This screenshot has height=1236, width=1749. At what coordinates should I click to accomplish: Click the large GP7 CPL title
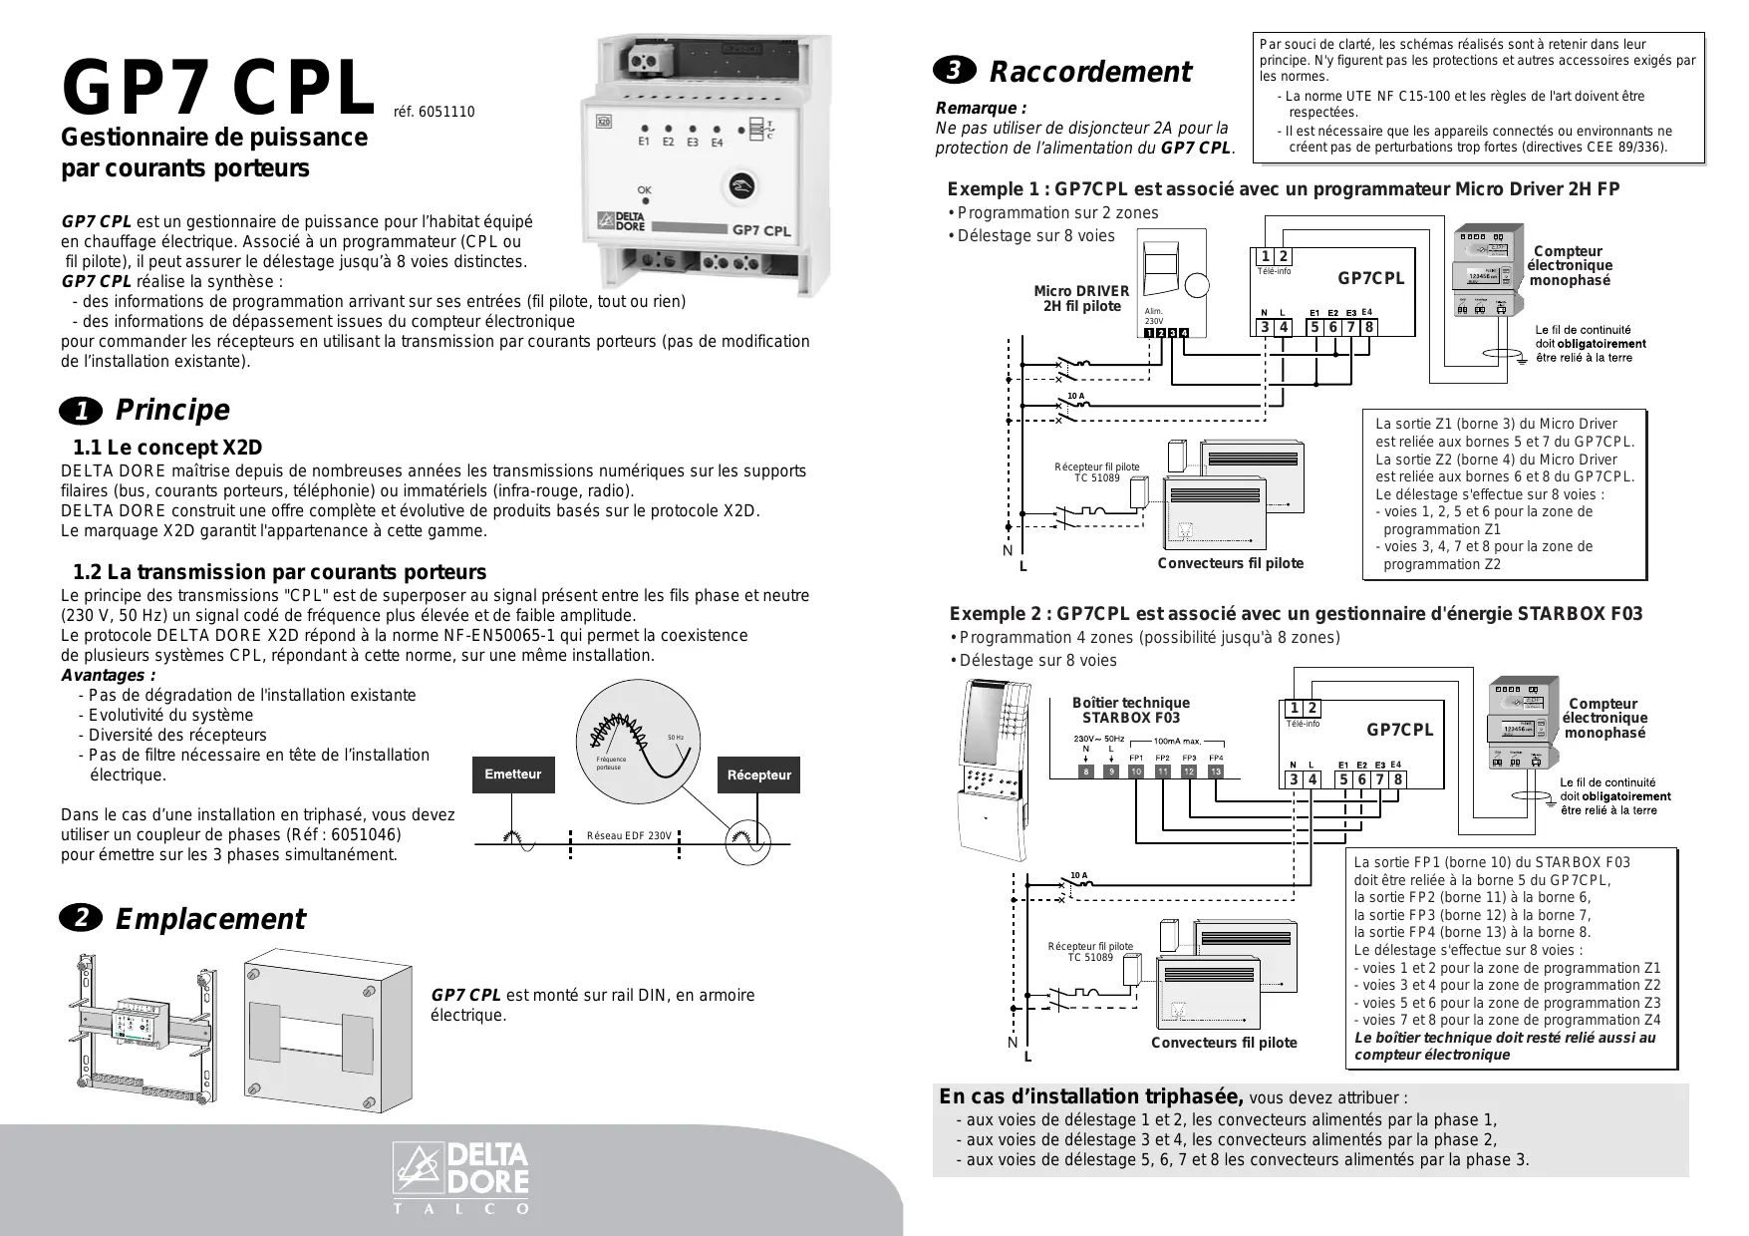click(x=218, y=90)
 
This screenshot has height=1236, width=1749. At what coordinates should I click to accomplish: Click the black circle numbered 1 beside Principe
click(x=81, y=411)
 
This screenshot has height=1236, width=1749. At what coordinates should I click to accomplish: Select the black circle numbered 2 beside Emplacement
click(x=81, y=919)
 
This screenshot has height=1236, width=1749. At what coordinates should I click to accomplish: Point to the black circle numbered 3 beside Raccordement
click(x=954, y=72)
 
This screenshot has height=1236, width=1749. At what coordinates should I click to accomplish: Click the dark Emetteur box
click(x=512, y=774)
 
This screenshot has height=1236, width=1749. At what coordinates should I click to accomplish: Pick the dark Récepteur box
click(x=758, y=774)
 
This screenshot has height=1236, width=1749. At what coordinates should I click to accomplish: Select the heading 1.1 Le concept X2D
click(x=167, y=448)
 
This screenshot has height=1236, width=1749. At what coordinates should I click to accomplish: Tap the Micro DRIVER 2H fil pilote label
click(x=1081, y=299)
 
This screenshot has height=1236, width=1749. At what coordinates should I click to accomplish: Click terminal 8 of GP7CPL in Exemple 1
click(x=1369, y=327)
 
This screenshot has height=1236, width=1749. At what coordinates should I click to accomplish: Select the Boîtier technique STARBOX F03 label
click(x=1130, y=710)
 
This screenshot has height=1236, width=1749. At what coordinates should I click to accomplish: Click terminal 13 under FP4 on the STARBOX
click(x=1215, y=772)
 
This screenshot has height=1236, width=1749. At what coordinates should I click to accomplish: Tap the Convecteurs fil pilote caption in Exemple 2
click(x=1224, y=1043)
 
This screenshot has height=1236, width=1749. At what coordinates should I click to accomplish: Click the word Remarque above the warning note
click(x=981, y=108)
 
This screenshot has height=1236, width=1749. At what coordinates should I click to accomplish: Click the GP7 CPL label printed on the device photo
click(x=761, y=229)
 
